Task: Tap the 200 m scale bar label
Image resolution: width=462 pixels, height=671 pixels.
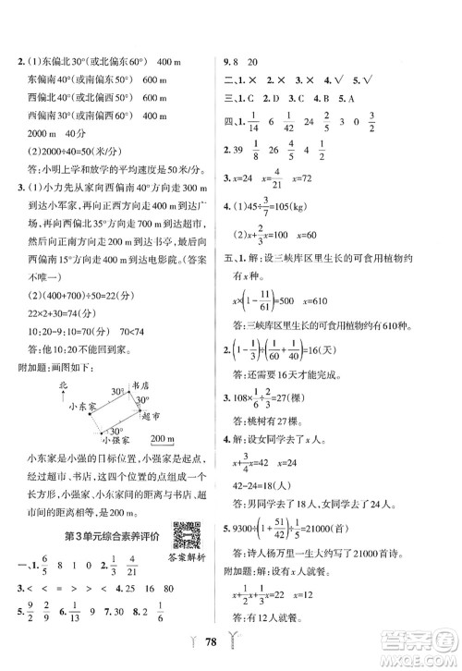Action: click(164, 439)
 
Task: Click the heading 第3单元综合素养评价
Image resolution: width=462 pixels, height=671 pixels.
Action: click(111, 537)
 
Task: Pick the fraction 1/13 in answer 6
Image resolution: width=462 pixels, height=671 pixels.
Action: click(75, 609)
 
